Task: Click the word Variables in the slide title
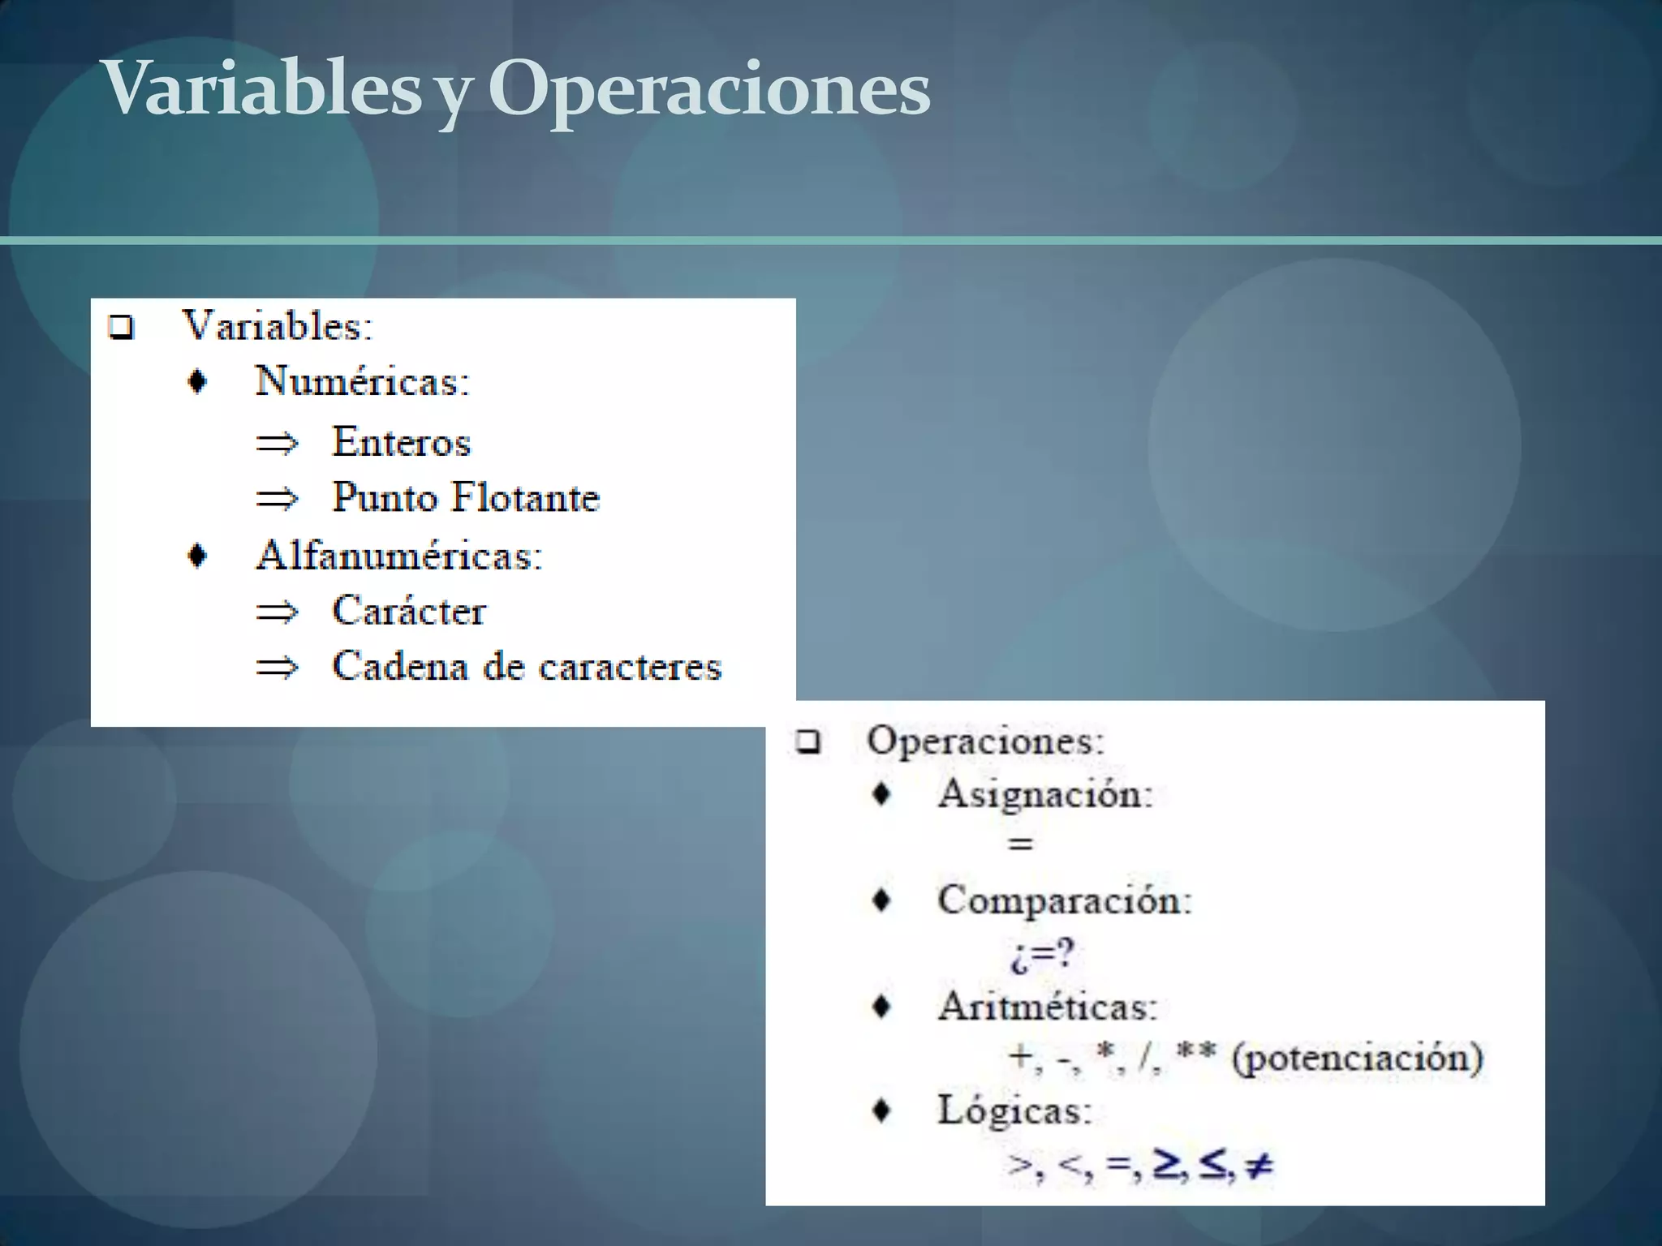(261, 89)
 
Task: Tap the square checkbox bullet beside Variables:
(121, 328)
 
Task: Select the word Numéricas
(361, 381)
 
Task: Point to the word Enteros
(402, 443)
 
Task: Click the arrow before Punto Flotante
(277, 499)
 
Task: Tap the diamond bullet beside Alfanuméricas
(197, 556)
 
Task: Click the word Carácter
(409, 612)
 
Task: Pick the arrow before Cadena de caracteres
(277, 668)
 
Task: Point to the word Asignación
(1044, 793)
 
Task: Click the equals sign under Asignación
(1020, 844)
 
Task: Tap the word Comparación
(1064, 900)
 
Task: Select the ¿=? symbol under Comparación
(1042, 954)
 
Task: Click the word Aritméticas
(1046, 1008)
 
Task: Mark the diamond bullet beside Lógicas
(881, 1111)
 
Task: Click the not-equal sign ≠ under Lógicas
(1259, 1166)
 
